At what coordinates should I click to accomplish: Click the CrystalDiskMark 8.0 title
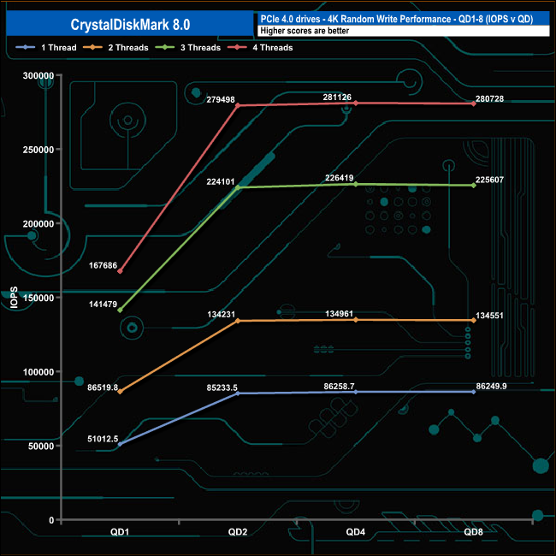point(127,24)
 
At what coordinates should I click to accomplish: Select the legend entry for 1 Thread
point(58,48)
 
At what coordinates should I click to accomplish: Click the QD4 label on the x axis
point(355,532)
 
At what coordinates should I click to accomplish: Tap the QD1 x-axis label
point(120,532)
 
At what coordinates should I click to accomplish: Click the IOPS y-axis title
point(14,298)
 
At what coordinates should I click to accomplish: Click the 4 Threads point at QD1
point(120,271)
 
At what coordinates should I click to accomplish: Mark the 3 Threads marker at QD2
point(238,187)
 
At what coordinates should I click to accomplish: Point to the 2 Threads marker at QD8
point(473,321)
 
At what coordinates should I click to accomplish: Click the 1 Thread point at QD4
point(355,392)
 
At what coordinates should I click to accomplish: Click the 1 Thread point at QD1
point(120,444)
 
